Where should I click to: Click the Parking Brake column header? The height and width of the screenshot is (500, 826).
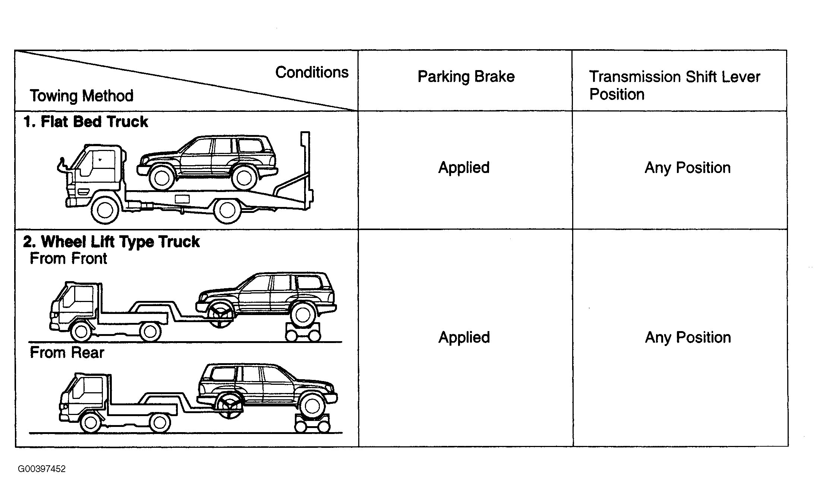tap(466, 77)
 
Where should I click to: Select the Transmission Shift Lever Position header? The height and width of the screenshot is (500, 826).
tap(674, 85)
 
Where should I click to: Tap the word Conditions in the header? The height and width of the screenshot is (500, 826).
tap(312, 72)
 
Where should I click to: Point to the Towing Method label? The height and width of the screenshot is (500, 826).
tap(82, 96)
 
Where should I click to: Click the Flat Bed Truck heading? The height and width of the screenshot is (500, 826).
tap(85, 122)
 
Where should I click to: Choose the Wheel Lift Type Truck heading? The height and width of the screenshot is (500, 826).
tap(111, 242)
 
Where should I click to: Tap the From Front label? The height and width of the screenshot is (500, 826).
tap(69, 258)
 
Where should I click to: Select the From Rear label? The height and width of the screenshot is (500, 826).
tap(67, 352)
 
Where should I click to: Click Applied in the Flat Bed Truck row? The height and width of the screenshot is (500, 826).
tap(464, 168)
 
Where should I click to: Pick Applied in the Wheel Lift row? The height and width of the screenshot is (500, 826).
tap(464, 337)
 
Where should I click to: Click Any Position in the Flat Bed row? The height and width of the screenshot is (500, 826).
tap(688, 168)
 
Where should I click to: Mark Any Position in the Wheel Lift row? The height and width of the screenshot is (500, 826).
tap(688, 337)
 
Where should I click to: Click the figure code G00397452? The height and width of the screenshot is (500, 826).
tap(42, 469)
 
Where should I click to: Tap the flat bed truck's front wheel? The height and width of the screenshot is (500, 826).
tap(105, 210)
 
